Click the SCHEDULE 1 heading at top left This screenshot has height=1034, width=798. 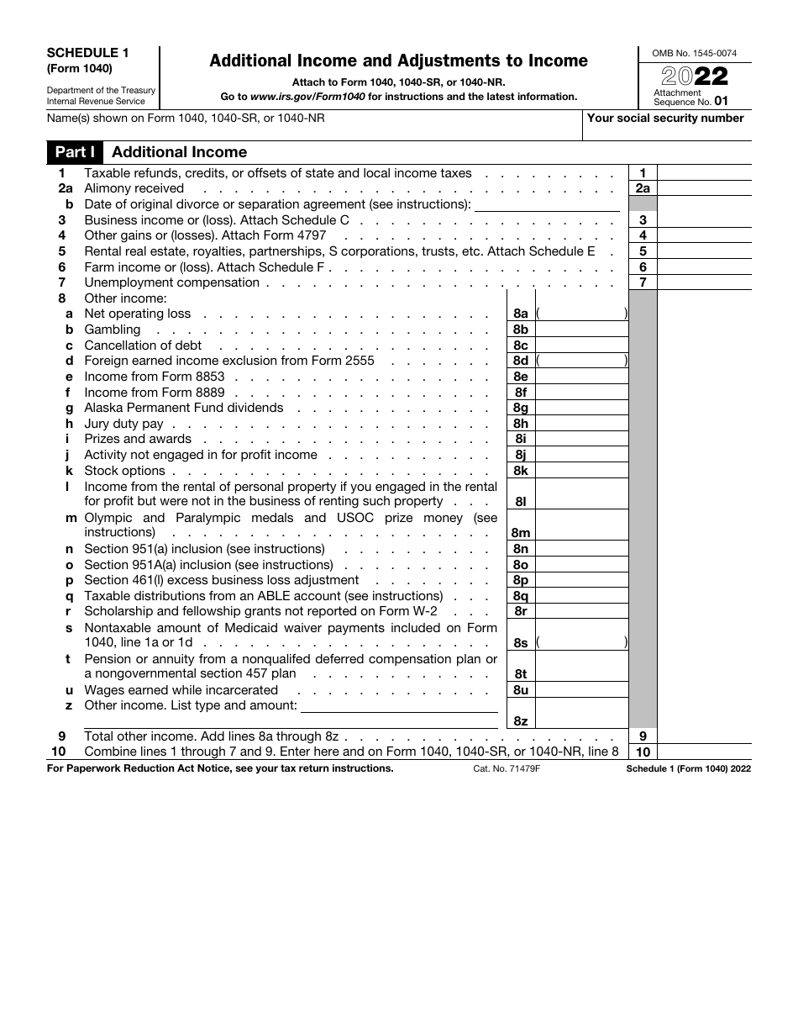[x=81, y=52]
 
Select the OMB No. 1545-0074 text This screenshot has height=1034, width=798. [x=695, y=54]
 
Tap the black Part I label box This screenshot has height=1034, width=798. [x=75, y=152]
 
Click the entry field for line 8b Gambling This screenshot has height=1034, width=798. [x=581, y=330]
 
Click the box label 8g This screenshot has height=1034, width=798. [x=521, y=408]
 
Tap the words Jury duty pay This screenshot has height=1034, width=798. [x=123, y=424]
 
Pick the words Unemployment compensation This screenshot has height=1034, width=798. [x=171, y=282]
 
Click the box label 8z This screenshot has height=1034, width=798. [x=521, y=720]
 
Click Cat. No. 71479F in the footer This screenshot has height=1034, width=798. [x=507, y=768]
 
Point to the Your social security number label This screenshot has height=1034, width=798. [x=665, y=119]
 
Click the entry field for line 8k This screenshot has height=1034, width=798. [x=581, y=471]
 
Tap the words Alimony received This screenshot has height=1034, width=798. [x=134, y=188]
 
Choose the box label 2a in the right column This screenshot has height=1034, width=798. [x=643, y=189]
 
